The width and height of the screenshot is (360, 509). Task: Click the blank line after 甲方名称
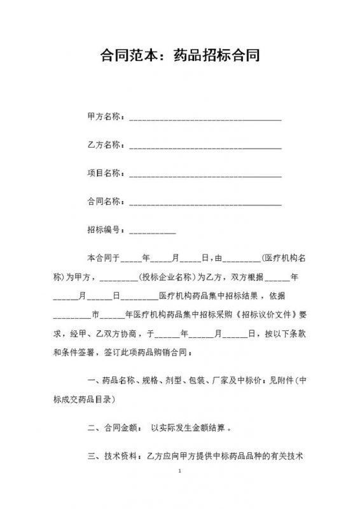pyautogui.click(x=205, y=118)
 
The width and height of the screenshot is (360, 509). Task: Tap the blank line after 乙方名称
pyautogui.click(x=205, y=146)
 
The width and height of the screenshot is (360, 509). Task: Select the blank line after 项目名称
pyautogui.click(x=205, y=175)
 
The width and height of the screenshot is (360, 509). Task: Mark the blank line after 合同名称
pyautogui.click(x=205, y=203)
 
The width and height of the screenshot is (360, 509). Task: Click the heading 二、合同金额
pyautogui.click(x=111, y=428)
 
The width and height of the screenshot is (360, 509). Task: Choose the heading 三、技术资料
pyautogui.click(x=111, y=456)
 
